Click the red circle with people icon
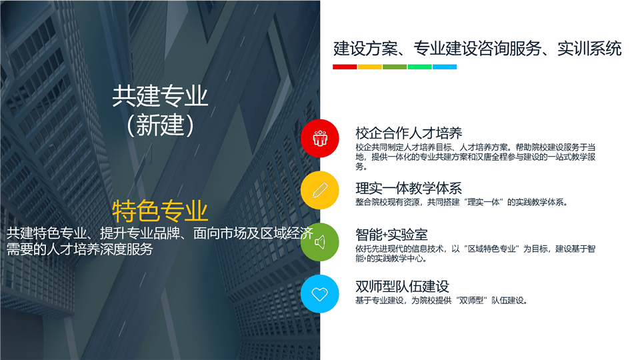[x=319, y=139]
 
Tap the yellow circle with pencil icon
[x=319, y=190]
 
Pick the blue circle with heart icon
[x=319, y=294]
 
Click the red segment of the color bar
[x=345, y=67]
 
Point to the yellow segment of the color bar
[x=370, y=67]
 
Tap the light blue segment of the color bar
[x=445, y=67]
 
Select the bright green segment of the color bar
[x=419, y=67]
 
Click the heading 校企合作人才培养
[x=409, y=133]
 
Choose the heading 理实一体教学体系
[x=409, y=188]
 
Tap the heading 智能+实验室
[x=391, y=235]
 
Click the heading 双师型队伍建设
[x=402, y=287]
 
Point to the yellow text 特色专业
[x=160, y=211]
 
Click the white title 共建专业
[x=160, y=96]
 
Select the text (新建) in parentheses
[x=160, y=125]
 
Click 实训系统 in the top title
[x=589, y=49]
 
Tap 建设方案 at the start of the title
[x=365, y=49]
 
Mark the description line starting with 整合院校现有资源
[x=461, y=202]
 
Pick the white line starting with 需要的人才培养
[x=79, y=249]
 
